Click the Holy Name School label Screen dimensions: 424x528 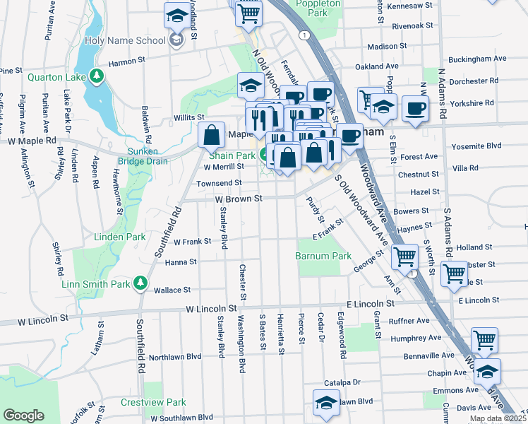[x=125, y=40]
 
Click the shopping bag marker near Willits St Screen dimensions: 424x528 [x=212, y=134]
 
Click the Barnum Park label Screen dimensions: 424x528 [x=323, y=255]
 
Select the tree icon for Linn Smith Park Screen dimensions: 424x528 [x=140, y=283]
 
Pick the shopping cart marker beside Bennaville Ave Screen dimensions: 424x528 [x=485, y=341]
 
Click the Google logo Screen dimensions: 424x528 [x=23, y=416]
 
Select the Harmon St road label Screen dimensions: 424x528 [x=126, y=62]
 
